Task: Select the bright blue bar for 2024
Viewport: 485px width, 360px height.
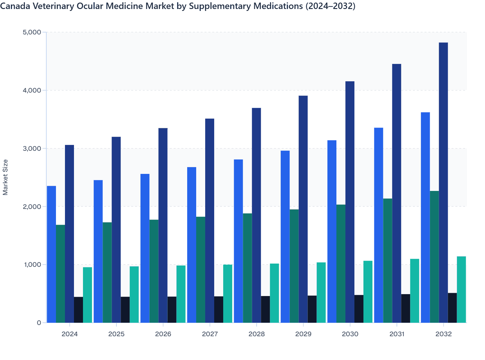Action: pos(51,254)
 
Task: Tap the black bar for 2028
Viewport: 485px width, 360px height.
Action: pos(265,309)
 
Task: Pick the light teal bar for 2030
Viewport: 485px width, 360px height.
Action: pos(368,292)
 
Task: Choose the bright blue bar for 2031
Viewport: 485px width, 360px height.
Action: pos(379,225)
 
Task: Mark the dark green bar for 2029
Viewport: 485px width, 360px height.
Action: pos(294,266)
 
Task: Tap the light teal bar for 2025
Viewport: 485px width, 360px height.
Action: pos(134,294)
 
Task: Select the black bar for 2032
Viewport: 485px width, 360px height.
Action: pos(452,308)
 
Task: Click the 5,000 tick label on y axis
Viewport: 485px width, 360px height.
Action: pos(32,32)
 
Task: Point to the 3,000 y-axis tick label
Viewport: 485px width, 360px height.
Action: pos(32,148)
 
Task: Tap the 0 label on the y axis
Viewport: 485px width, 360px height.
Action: pos(39,323)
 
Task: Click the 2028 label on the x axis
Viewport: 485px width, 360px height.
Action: pos(257,334)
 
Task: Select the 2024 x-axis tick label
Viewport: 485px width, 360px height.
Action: pos(69,334)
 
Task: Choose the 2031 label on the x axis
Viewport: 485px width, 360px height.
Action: pos(397,334)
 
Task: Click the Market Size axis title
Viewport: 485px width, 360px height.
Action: pos(5,177)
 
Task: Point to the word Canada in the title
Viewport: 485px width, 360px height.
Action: pos(13,6)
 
